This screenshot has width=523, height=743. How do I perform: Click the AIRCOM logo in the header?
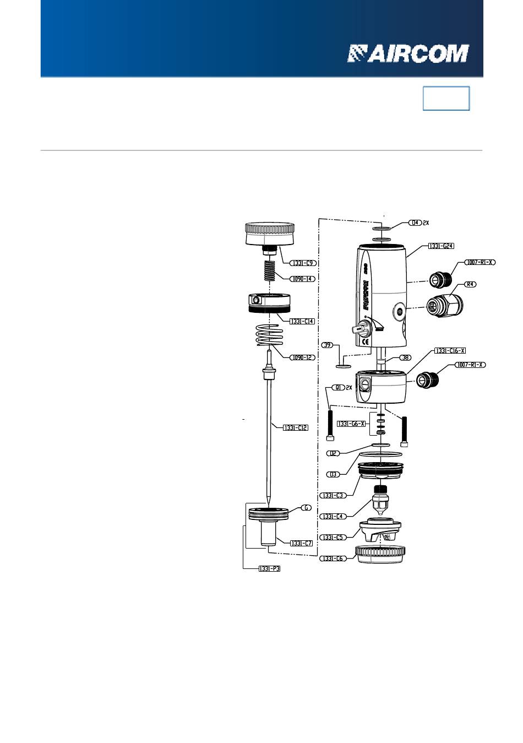coord(407,53)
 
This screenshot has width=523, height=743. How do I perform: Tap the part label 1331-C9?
coord(303,263)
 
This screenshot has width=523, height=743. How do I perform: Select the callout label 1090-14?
coord(303,279)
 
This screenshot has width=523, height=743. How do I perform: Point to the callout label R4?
coord(471,285)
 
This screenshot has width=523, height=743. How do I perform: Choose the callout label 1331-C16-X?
coord(450,351)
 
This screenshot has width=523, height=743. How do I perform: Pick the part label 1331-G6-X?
coord(351,424)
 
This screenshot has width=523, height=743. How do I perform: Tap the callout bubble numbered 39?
coord(328,345)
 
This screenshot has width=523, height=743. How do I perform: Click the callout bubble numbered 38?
coord(405,357)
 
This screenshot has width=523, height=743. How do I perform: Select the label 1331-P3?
coord(269,569)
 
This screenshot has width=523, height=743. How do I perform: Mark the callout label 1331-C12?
coord(296,427)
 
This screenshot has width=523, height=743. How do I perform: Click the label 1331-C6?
coord(333,558)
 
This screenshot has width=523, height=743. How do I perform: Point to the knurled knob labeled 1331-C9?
coord(269,234)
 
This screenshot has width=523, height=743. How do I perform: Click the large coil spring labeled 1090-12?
coord(270,335)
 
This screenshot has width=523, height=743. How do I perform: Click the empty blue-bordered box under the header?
coord(446,99)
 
